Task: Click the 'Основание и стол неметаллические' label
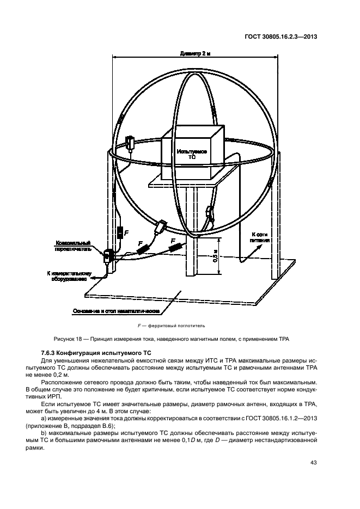point(116,311)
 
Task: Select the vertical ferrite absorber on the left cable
point(120,234)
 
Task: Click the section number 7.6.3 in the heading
point(50,353)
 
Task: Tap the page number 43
point(313,463)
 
